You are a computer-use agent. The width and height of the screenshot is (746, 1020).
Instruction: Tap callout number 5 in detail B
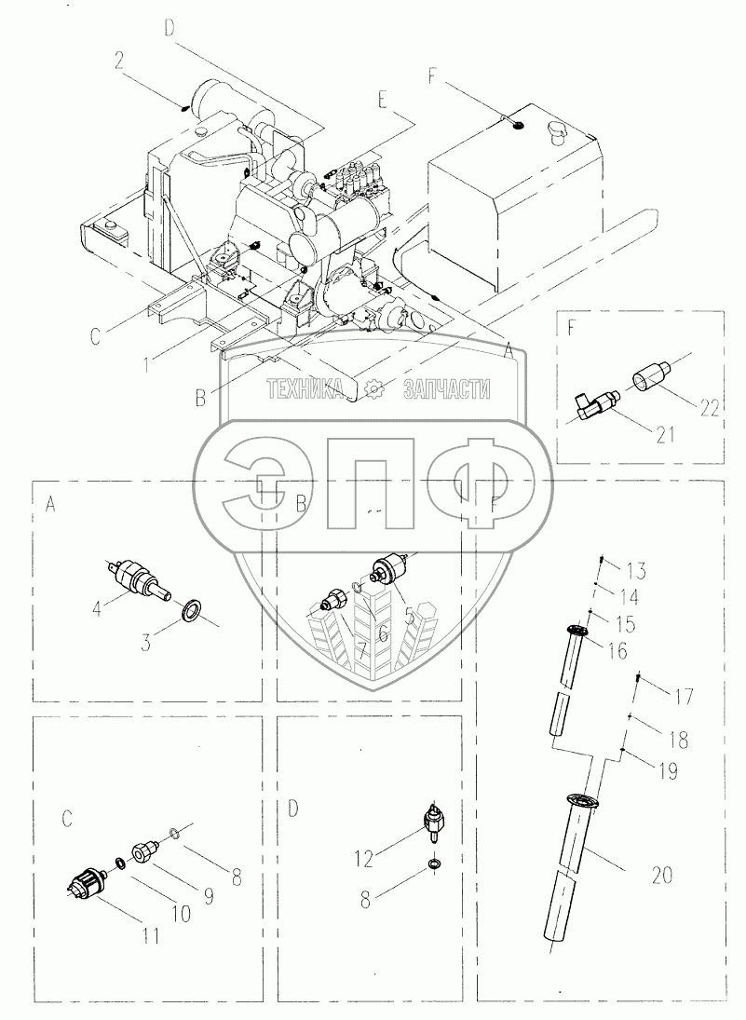pyautogui.click(x=409, y=615)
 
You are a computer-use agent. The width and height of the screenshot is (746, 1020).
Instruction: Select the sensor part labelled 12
pyautogui.click(x=432, y=821)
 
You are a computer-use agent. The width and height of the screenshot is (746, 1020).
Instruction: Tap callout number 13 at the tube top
pyautogui.click(x=635, y=569)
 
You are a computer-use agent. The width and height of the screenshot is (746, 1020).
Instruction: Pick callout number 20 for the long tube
pyautogui.click(x=662, y=875)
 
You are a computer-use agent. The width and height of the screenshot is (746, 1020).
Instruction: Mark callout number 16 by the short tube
pyautogui.click(x=617, y=651)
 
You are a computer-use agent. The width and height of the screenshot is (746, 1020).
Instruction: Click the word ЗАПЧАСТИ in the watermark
pyautogui.click(x=446, y=390)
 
